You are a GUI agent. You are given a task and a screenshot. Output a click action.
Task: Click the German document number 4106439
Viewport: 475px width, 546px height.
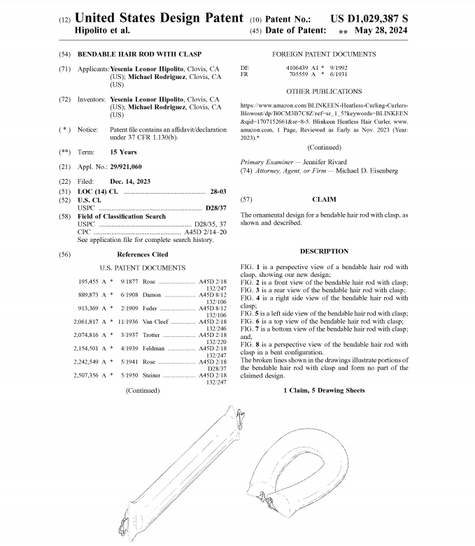299,67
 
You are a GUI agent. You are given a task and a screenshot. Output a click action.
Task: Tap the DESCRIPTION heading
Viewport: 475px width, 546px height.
324,251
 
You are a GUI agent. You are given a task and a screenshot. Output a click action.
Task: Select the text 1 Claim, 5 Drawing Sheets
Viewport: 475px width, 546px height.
324,390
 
